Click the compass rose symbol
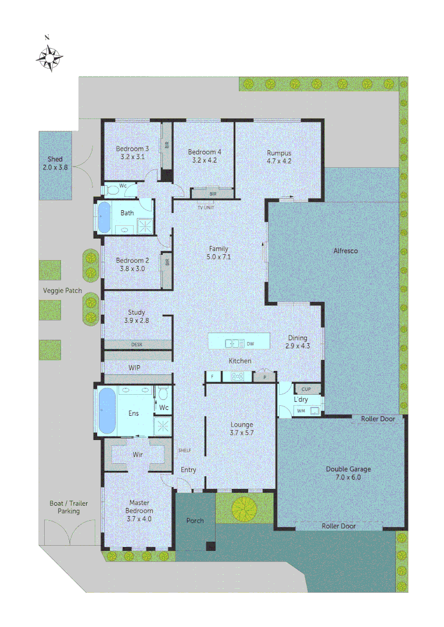pyautogui.click(x=49, y=57)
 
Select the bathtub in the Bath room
pyautogui.click(x=104, y=217)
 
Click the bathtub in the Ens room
pyautogui.click(x=108, y=410)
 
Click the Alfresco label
pyautogui.click(x=345, y=251)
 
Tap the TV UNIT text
pyautogui.click(x=206, y=207)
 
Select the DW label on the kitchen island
pyautogui.click(x=250, y=344)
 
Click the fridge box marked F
pyautogui.click(x=212, y=377)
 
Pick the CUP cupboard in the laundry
pyautogui.click(x=306, y=389)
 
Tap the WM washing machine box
pyautogui.click(x=301, y=411)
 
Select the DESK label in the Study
pyautogui.click(x=137, y=344)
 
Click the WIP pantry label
pyautogui.click(x=134, y=368)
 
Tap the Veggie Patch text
pyautogui.click(x=62, y=290)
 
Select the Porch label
pyautogui.click(x=195, y=521)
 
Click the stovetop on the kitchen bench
pyautogui.click(x=237, y=377)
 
